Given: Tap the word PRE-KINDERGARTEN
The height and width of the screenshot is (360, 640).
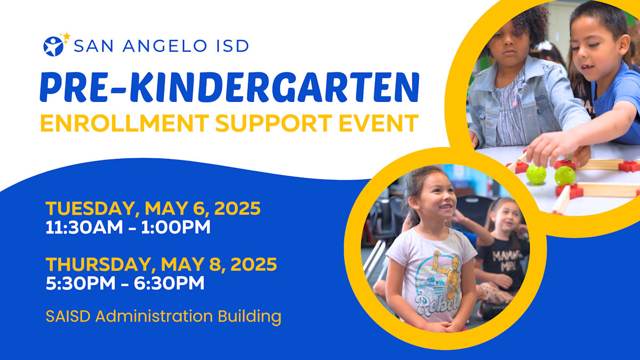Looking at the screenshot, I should coord(229,87).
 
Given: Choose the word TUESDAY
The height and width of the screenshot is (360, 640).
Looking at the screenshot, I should coord(91,209).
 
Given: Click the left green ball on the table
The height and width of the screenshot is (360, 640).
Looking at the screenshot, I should coord(536,174).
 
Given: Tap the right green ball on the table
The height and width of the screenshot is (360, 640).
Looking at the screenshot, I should coord(564,175).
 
